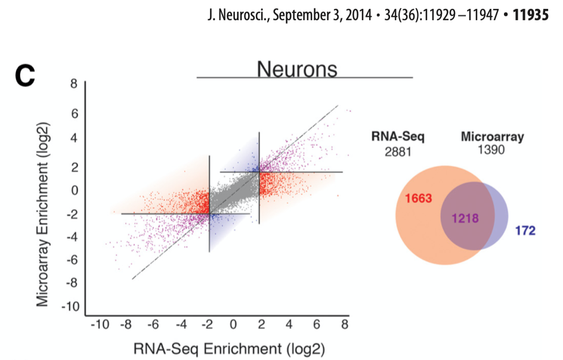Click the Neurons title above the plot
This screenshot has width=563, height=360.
point(297,69)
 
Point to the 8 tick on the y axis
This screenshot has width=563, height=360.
point(74,84)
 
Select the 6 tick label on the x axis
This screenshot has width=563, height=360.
point(317,325)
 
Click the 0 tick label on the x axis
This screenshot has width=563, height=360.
point(234,325)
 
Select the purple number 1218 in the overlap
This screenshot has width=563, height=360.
point(465,218)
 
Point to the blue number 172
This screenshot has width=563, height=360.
point(525,230)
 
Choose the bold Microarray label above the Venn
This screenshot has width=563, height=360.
point(492,137)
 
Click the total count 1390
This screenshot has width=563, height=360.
point(491,150)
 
